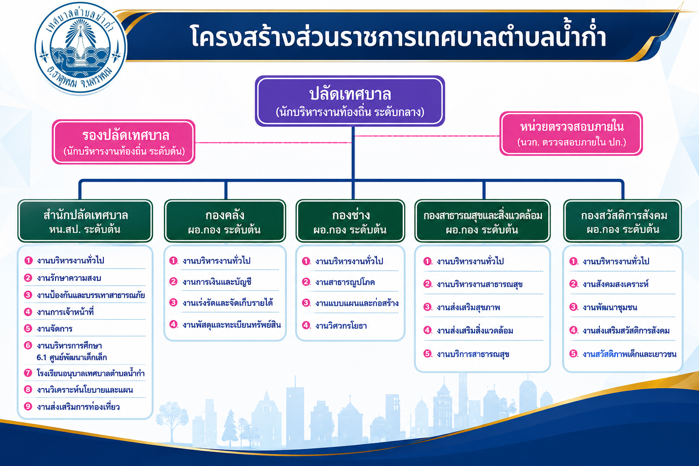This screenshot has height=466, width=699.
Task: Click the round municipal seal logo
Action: (80, 47)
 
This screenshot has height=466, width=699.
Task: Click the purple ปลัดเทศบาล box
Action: (350, 101)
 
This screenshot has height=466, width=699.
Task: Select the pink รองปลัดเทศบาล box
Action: (124, 142)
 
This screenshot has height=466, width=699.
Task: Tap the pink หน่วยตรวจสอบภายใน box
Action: (571, 134)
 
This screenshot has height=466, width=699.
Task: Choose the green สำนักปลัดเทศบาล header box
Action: (85, 221)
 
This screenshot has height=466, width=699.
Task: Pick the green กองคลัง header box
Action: (225, 221)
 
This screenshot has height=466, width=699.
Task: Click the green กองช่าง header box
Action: (350, 221)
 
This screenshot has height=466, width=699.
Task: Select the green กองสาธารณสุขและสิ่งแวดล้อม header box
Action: (482, 221)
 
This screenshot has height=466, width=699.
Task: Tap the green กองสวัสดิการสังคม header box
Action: (623, 221)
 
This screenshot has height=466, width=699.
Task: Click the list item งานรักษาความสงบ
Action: (69, 278)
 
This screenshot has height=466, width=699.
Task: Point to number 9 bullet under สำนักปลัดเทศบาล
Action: (28, 406)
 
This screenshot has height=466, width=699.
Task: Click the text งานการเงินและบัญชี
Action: (217, 282)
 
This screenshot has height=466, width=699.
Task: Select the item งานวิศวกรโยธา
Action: (341, 326)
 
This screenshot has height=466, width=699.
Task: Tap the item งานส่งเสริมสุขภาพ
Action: (468, 308)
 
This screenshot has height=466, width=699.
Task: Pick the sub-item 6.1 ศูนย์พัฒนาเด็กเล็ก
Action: (72, 357)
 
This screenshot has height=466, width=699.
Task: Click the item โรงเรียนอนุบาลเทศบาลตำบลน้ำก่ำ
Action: (91, 373)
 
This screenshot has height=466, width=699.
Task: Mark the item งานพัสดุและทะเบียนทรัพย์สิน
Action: (232, 325)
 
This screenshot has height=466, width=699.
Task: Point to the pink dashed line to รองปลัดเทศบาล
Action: (274, 142)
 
